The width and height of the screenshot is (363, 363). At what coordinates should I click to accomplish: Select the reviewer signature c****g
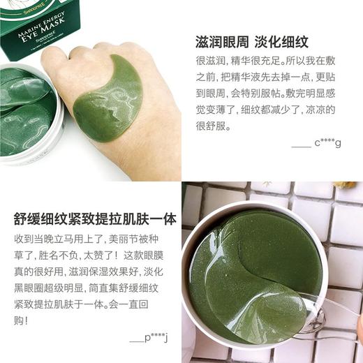coord(327,143)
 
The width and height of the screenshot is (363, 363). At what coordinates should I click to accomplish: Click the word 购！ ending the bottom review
coord(20,321)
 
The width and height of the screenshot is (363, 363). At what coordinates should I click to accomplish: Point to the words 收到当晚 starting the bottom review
coord(35,239)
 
